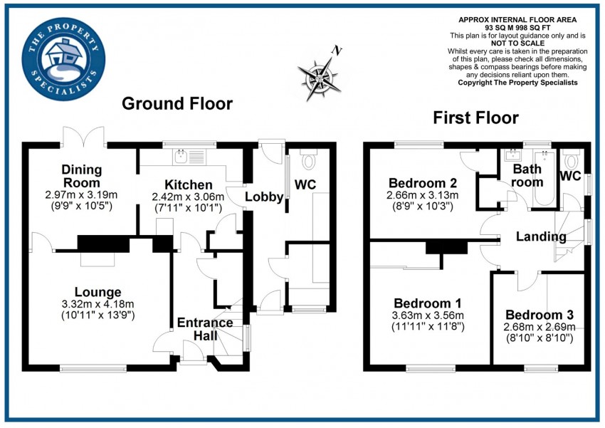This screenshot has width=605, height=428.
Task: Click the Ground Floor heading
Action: pos(177,104)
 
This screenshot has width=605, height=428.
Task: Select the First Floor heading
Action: pos(475,118)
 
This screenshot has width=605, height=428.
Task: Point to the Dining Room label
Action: pos(82,176)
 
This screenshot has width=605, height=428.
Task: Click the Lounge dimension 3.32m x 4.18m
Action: pos(98,304)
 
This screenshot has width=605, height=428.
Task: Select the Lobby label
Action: pos(265,197)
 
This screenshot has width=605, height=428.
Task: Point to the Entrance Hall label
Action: pos(206,328)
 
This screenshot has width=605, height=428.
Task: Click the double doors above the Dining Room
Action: pos(84,136)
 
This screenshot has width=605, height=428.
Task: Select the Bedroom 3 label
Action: pos(539,315)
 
